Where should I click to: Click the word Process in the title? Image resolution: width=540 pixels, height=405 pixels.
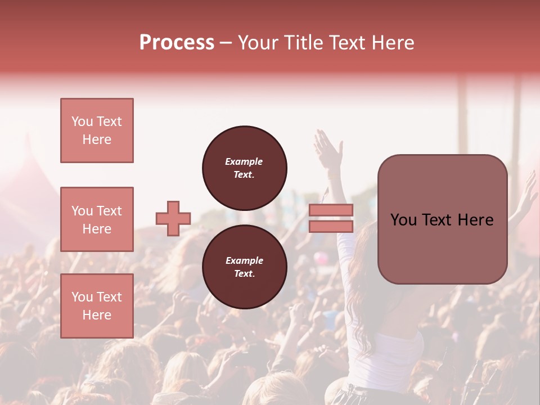point(177,43)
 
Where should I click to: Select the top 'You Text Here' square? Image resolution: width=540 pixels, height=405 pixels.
point(97,130)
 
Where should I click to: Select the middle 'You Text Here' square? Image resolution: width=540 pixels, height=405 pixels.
point(97,219)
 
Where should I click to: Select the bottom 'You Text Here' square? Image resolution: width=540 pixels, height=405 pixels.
point(97,306)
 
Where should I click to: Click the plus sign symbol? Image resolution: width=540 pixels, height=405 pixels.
point(173,218)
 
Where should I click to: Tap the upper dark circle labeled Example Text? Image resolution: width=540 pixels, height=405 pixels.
point(244,168)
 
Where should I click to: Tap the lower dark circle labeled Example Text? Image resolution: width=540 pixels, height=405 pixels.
point(244,267)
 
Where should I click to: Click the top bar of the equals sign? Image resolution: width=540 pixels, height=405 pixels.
point(331,210)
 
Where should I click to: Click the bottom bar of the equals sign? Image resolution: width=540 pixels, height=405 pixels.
point(331,226)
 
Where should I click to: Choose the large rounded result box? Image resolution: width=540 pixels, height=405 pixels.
point(442,219)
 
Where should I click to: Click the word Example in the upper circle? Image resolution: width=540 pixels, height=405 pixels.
point(244,161)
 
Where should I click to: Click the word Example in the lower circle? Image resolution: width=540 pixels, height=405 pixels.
point(244,260)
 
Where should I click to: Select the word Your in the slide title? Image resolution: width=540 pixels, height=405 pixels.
point(258,43)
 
